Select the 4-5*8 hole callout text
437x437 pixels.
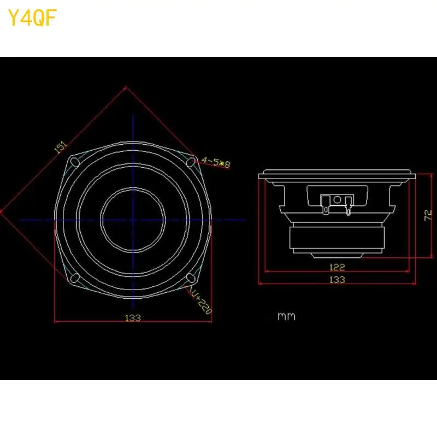click(x=216, y=162)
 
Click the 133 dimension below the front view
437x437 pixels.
click(x=133, y=317)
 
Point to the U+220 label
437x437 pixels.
click(x=201, y=302)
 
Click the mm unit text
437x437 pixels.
click(x=286, y=316)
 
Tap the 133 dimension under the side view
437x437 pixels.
click(x=337, y=280)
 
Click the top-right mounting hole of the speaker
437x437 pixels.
click(x=192, y=161)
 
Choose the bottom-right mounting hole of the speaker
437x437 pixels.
click(x=191, y=279)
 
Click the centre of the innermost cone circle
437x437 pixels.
click(x=133, y=220)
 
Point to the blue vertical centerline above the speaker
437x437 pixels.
click(x=133, y=128)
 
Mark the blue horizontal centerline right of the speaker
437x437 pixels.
click(x=229, y=220)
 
